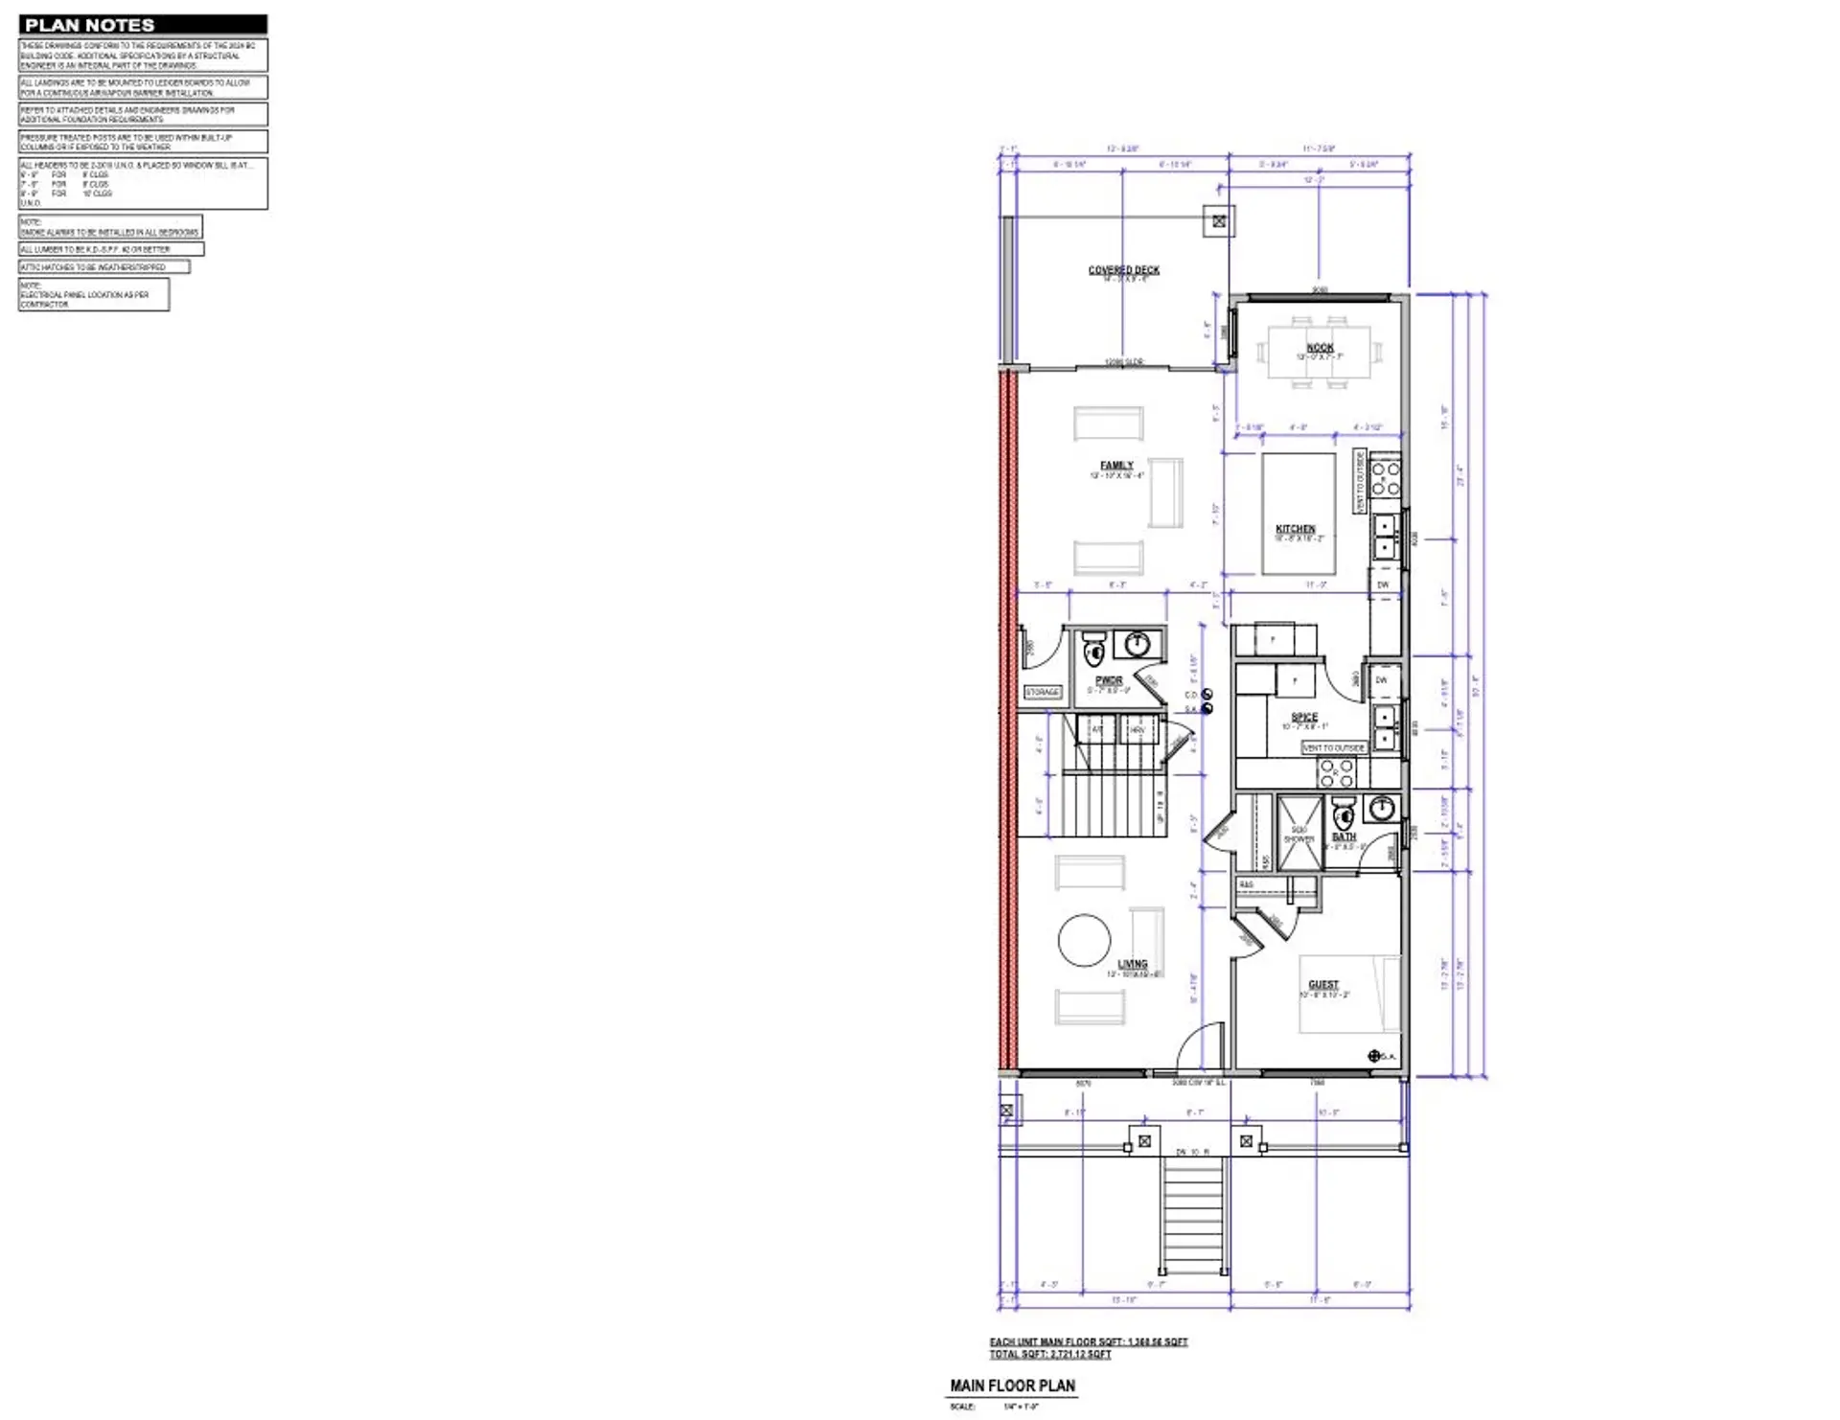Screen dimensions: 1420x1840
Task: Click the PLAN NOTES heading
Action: point(89,25)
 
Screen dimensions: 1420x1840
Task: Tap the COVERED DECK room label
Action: point(1123,270)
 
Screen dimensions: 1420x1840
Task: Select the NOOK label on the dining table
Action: point(1320,348)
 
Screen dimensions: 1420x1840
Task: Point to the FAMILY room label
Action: point(1116,466)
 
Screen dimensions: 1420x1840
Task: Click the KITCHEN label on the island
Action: point(1295,529)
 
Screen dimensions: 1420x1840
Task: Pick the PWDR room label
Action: point(1109,680)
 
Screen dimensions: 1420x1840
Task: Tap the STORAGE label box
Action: point(1043,692)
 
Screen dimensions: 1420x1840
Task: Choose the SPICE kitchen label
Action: point(1304,717)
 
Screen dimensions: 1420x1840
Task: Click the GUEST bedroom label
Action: point(1323,984)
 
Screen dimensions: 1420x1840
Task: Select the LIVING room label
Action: point(1132,964)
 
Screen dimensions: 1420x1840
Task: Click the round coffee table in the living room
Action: point(1084,940)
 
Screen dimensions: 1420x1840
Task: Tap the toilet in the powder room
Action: point(1093,651)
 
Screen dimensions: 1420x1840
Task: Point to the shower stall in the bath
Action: point(1299,834)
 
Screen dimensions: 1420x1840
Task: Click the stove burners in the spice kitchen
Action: point(1336,772)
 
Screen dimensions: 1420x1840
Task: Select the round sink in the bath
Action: point(1381,808)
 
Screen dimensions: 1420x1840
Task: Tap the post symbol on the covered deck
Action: point(1219,221)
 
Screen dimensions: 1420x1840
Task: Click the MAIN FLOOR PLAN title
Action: point(1012,1386)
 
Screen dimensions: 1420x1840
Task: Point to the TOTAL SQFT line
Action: point(1050,1355)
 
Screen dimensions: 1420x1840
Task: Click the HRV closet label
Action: point(1138,730)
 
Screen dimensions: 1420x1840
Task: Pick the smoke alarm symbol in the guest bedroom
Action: point(1374,1056)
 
